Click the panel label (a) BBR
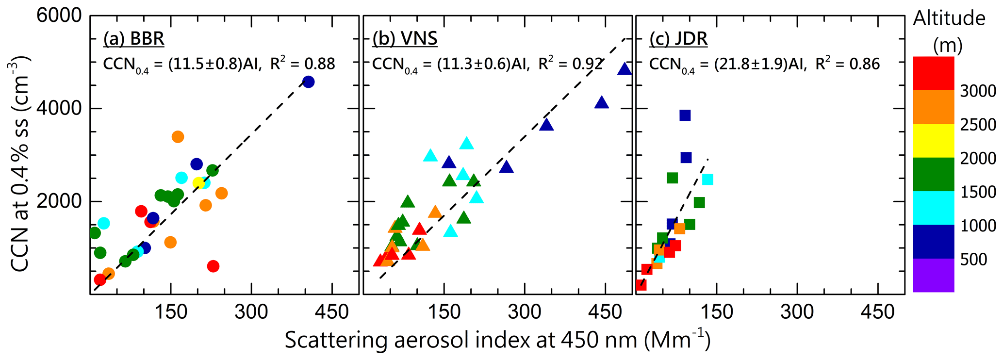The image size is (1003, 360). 133,39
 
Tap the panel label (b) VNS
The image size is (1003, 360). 405,39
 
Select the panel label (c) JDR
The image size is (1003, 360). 678,39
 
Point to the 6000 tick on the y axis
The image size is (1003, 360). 60,16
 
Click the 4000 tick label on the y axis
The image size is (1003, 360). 60,108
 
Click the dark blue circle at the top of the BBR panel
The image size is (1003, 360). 308,82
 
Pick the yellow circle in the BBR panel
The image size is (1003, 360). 198,183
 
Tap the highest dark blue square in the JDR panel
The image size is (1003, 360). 685,115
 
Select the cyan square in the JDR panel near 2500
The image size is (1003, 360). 707,180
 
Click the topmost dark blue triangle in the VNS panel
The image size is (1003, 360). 625,69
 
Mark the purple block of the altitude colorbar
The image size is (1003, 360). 933,275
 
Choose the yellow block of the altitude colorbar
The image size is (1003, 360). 933,141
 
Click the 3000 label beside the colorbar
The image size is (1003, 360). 978,91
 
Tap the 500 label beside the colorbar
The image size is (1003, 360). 973,260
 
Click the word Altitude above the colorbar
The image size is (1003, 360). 949,19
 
